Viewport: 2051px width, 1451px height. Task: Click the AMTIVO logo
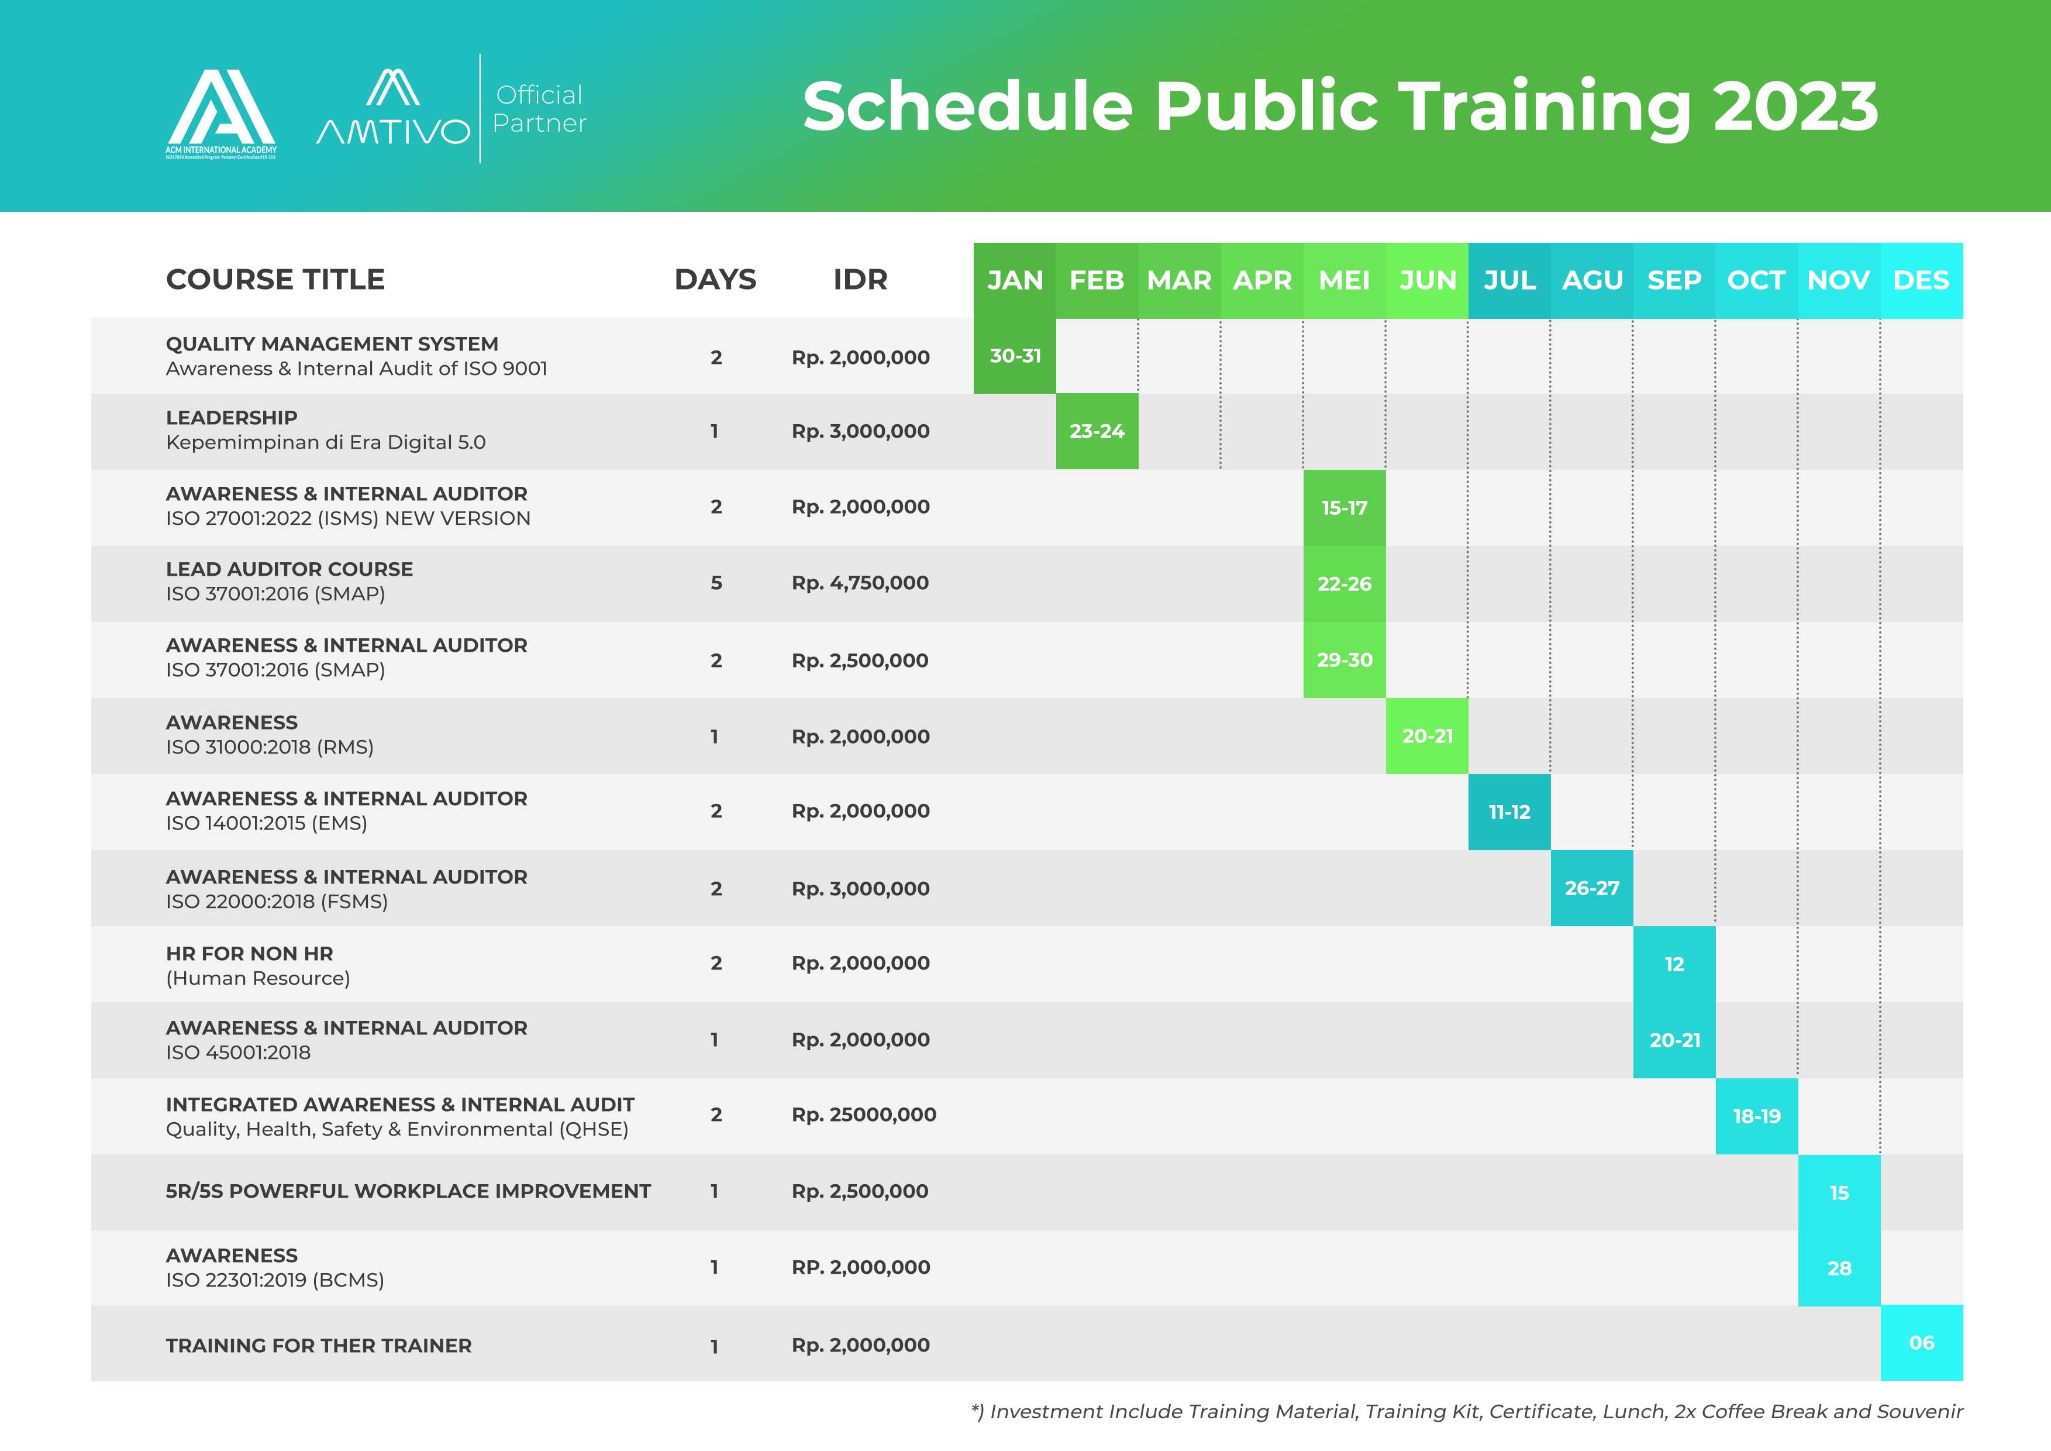click(393, 107)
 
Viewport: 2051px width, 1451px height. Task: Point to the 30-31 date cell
click(1015, 356)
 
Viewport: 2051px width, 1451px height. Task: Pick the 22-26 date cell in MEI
click(1345, 583)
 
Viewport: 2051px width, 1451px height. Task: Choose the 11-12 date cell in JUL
click(1509, 812)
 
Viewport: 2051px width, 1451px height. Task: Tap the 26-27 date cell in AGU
click(1592, 888)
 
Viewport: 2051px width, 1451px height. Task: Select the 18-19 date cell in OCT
click(1757, 1116)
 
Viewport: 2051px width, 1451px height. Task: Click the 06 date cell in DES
click(1922, 1343)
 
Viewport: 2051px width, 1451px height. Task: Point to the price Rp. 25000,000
click(864, 1114)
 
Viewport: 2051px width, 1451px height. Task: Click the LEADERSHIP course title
click(232, 417)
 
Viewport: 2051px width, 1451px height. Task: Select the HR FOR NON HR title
click(249, 953)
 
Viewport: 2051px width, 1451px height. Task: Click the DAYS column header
click(715, 280)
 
